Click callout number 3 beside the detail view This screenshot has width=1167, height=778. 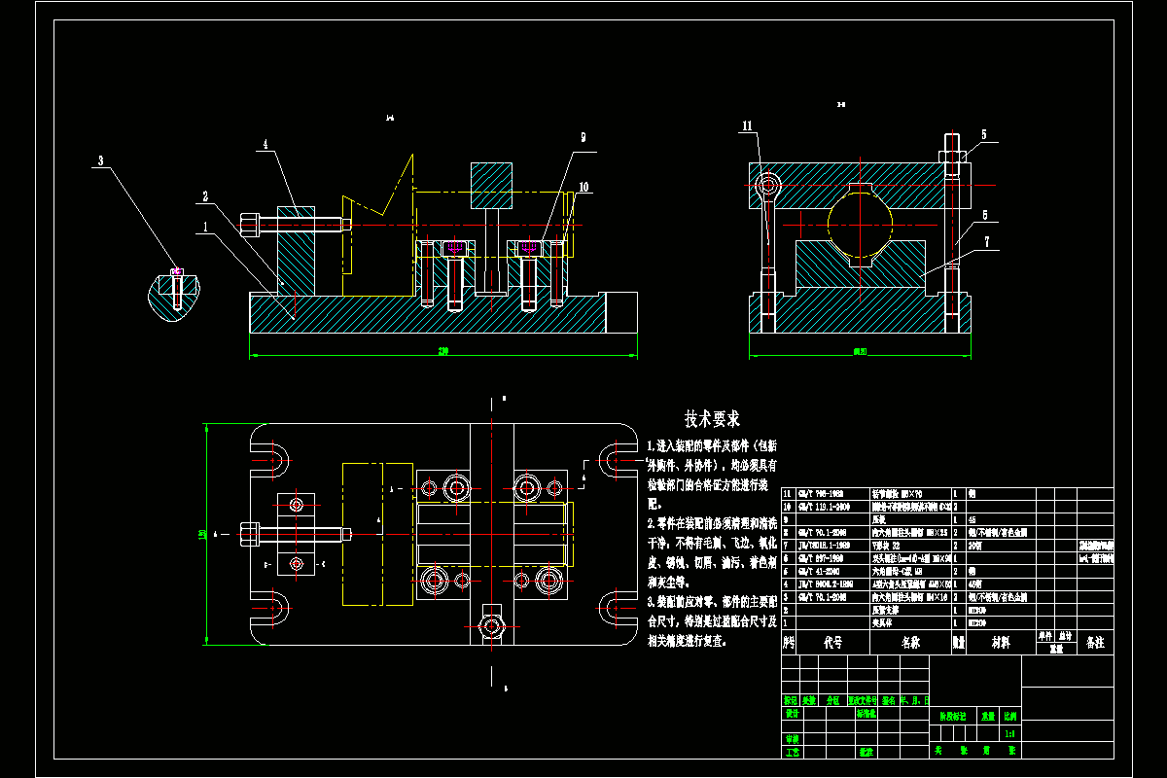pos(99,160)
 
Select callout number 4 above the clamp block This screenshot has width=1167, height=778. pos(264,144)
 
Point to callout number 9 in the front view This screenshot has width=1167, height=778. pos(583,138)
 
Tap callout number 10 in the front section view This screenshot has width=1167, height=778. pos(583,185)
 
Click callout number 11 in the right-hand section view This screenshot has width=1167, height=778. pos(747,125)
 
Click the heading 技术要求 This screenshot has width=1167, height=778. pos(712,419)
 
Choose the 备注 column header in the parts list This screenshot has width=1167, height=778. pos(1094,643)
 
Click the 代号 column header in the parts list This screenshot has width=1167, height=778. pos(832,643)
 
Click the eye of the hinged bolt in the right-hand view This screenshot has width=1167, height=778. pos(768,183)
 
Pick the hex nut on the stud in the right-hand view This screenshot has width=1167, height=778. pos(951,155)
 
